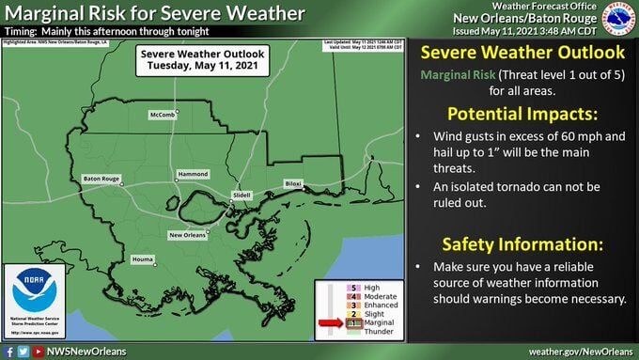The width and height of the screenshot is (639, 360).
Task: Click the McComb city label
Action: click(x=161, y=115)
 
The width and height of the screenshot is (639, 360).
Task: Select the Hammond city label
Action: click(x=194, y=174)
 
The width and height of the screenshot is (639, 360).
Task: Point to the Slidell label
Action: click(x=243, y=196)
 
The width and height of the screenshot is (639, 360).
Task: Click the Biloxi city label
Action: click(x=294, y=183)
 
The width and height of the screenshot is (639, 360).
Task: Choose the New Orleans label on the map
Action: click(x=189, y=234)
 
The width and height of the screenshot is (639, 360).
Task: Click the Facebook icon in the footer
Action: click(x=8, y=352)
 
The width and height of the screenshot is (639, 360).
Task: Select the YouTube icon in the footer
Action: click(x=38, y=352)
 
